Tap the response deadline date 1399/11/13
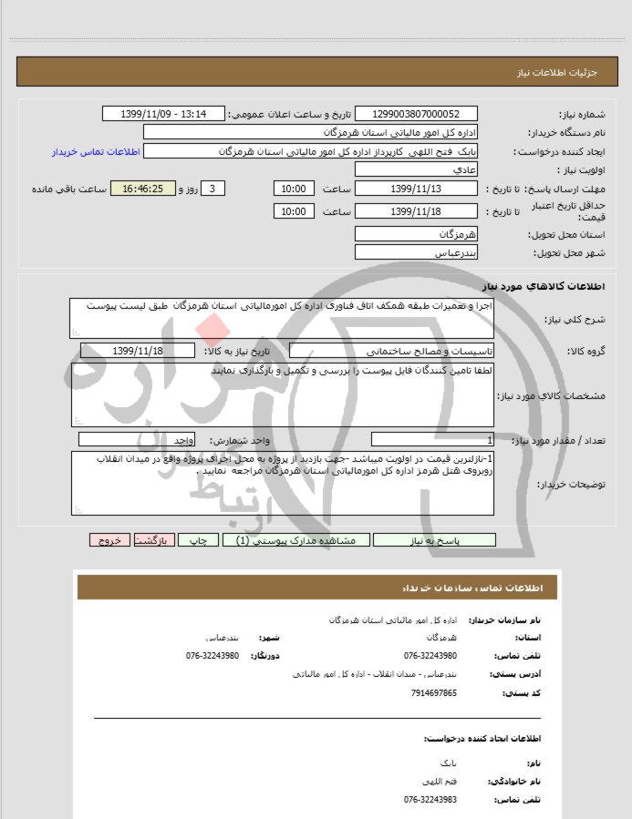(416, 189)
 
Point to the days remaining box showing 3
(212, 189)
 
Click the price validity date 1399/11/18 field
(416, 211)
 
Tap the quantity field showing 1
(432, 440)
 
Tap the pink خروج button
(109, 539)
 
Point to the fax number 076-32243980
(212, 656)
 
